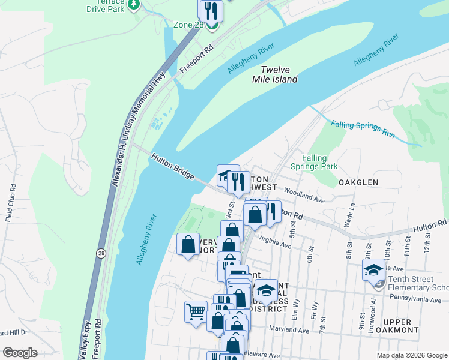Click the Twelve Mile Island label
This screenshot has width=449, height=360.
tap(275, 74)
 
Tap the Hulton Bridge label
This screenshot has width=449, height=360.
tap(173, 166)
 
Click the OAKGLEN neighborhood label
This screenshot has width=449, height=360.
tap(358, 182)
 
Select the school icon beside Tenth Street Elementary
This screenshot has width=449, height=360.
tap(373, 270)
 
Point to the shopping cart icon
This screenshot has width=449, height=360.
tap(196, 311)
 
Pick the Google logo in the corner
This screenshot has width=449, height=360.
tap(20, 352)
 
